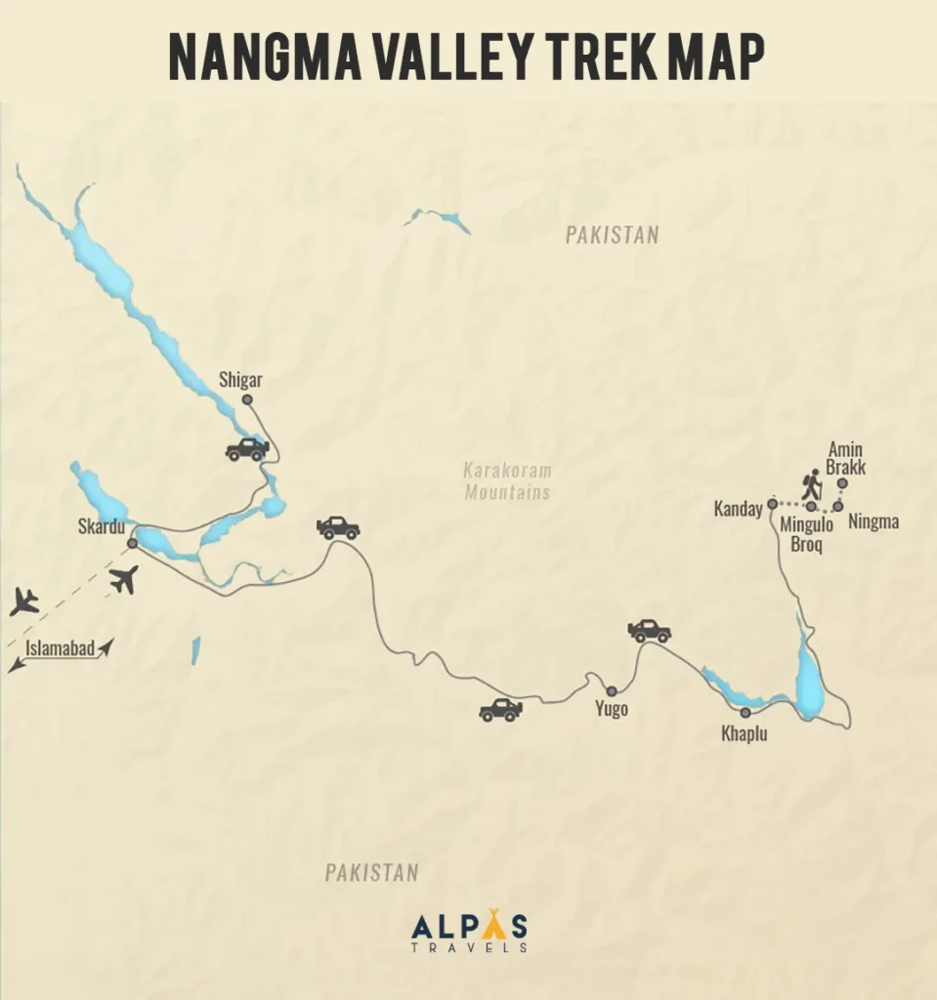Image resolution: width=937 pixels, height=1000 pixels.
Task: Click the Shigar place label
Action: click(241, 380)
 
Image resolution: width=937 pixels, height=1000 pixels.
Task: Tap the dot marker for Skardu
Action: click(132, 543)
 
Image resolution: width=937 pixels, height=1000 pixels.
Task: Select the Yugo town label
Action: click(611, 710)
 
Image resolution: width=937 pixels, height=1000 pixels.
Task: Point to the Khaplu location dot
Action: click(745, 713)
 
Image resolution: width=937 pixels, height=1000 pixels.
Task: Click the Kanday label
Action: click(738, 509)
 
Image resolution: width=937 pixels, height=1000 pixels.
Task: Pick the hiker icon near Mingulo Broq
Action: click(811, 485)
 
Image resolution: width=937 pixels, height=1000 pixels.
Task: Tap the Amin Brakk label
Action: click(846, 458)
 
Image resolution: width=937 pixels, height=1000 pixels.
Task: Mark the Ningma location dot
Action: click(837, 506)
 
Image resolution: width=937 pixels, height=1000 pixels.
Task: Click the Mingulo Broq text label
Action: click(806, 534)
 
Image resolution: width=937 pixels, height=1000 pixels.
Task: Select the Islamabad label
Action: click(61, 647)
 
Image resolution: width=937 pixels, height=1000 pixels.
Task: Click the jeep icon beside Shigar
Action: click(247, 449)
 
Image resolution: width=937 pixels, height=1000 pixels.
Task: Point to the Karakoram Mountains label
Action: click(507, 481)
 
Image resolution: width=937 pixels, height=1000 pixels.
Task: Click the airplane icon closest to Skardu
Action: click(124, 579)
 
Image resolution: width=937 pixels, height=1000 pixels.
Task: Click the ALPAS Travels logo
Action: click(469, 931)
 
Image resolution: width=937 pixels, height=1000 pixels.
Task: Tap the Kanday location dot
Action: click(771, 504)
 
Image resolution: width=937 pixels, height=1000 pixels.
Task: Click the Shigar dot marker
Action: click(247, 399)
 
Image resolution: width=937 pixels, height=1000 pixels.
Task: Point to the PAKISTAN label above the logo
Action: click(371, 872)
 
